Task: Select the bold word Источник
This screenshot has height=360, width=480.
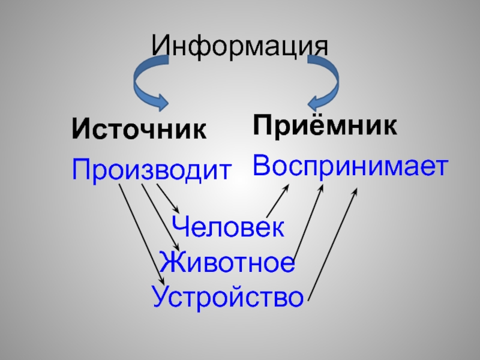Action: pos(139,128)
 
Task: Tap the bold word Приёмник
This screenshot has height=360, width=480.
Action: pos(325,125)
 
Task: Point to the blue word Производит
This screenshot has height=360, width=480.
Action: pos(151,170)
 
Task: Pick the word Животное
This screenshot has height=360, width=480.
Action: pos(227,263)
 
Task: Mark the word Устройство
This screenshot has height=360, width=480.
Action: pos(227,296)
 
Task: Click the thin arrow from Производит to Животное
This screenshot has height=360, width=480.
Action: pos(160,216)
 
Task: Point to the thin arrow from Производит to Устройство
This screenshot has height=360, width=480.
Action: pos(141,234)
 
